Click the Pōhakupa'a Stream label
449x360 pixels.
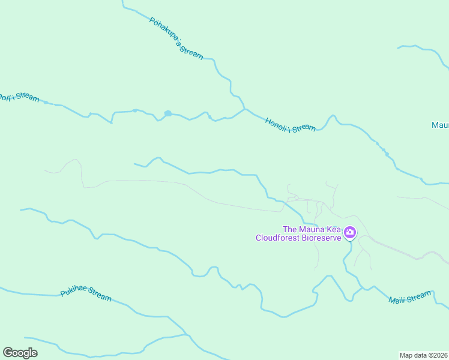tap(176, 37)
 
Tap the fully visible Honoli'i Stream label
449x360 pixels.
tap(291, 124)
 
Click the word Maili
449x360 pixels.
tap(397, 299)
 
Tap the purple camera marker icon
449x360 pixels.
tap(350, 232)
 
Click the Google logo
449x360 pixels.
tap(20, 353)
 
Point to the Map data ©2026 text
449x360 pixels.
tap(423, 355)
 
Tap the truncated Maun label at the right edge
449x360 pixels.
tap(440, 125)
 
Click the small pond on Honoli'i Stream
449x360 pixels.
tap(168, 113)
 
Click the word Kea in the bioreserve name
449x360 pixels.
tap(333, 229)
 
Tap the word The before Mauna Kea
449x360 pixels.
tap(290, 229)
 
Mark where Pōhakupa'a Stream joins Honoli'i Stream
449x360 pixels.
tap(244, 109)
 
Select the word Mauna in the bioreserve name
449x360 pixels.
tap(312, 229)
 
